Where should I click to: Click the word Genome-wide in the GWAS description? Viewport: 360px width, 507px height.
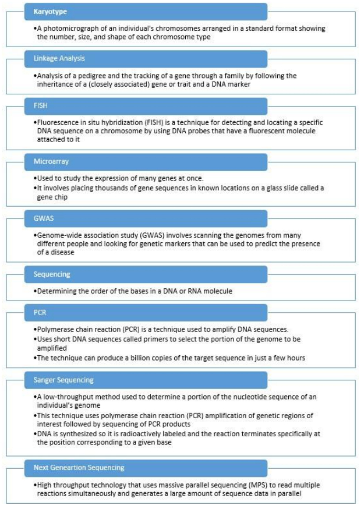point(60,235)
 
